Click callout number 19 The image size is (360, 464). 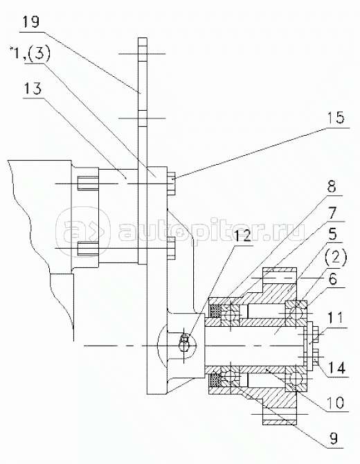click(x=31, y=22)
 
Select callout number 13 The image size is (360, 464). click(x=33, y=89)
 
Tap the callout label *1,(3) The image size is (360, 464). click(x=30, y=55)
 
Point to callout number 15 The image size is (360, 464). click(x=336, y=118)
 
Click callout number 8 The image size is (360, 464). click(x=332, y=187)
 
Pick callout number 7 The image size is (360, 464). click(x=332, y=213)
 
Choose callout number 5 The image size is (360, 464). click(x=332, y=234)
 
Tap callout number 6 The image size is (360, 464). click(x=333, y=279)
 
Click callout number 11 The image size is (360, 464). click(x=335, y=317)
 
